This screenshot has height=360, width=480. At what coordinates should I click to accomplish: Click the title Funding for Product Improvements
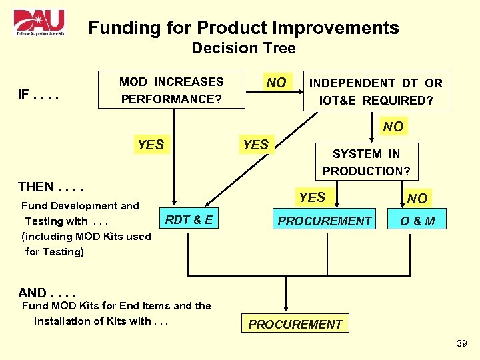pyautogui.click(x=243, y=28)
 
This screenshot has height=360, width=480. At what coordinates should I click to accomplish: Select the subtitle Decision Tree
pyautogui.click(x=243, y=48)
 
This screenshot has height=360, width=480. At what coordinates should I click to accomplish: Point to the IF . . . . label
pyautogui.click(x=39, y=95)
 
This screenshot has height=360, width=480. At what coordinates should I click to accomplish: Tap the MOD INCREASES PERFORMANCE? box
pyautogui.click(x=171, y=91)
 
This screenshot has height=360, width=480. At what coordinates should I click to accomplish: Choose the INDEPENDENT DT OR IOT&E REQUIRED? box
pyautogui.click(x=375, y=91)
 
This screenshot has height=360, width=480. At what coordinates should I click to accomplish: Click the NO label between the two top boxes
pyautogui.click(x=276, y=83)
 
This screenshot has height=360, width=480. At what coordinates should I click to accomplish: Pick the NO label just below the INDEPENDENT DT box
pyautogui.click(x=393, y=126)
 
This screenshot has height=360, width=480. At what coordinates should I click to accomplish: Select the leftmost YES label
pyautogui.click(x=151, y=145)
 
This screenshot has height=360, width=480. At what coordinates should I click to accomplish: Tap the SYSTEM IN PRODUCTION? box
pyautogui.click(x=366, y=162)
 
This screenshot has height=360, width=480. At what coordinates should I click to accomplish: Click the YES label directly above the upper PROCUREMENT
pyautogui.click(x=312, y=197)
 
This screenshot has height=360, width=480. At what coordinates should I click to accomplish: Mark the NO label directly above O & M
pyautogui.click(x=417, y=198)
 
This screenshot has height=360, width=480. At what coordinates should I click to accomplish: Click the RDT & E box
pyautogui.click(x=189, y=220)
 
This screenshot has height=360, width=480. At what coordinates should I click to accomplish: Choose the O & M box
pyautogui.click(x=417, y=221)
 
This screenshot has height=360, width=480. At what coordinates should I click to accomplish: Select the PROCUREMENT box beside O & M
pyautogui.click(x=325, y=221)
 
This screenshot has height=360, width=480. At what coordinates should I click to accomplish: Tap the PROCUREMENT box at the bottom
pyautogui.click(x=295, y=324)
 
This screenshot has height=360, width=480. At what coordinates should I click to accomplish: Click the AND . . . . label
pyautogui.click(x=47, y=293)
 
